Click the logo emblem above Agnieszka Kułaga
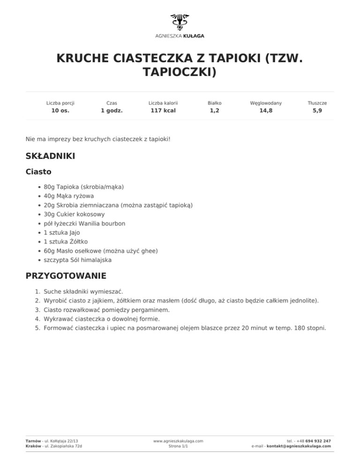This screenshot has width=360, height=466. click(x=180, y=22)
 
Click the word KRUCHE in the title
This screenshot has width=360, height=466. click(x=82, y=58)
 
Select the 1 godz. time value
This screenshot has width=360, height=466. click(x=112, y=111)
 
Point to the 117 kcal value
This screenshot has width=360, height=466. click(x=163, y=111)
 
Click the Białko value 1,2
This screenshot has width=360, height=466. click(x=214, y=111)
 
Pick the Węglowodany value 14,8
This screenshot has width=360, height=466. click(x=266, y=111)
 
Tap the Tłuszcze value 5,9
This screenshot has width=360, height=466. click(x=317, y=111)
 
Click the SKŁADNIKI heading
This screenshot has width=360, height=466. click(x=50, y=156)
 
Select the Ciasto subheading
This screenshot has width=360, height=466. click(x=38, y=172)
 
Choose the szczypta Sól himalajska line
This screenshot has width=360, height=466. click(x=77, y=260)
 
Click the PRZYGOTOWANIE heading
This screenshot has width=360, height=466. click(x=66, y=276)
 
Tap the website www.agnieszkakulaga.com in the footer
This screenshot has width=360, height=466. click(x=178, y=441)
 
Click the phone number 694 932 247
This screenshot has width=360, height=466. click(x=318, y=441)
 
